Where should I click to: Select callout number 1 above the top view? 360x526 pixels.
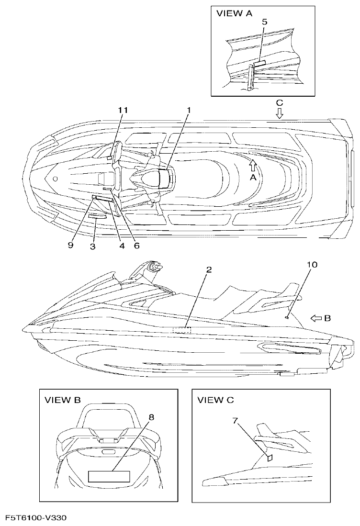coord(189,111)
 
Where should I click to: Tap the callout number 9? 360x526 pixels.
coord(70,245)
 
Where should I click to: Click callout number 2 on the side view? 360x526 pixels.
coord(209,269)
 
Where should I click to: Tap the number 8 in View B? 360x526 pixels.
coord(151,417)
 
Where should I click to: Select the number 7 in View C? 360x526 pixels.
coord(235,421)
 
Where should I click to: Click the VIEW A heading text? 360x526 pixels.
coord(235,13)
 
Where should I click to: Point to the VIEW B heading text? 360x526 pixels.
coord(62,399)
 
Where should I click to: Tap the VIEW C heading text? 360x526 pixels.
coord(215,400)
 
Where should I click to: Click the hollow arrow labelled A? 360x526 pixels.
coord(253,166)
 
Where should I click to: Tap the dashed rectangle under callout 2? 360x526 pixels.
coord(182,330)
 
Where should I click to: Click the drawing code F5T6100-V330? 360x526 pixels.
coord(36,518)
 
